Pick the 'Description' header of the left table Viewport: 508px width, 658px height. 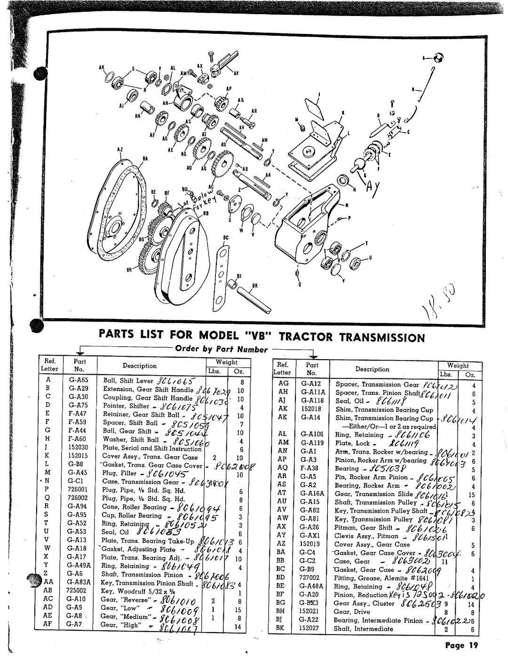pos(140,366)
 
